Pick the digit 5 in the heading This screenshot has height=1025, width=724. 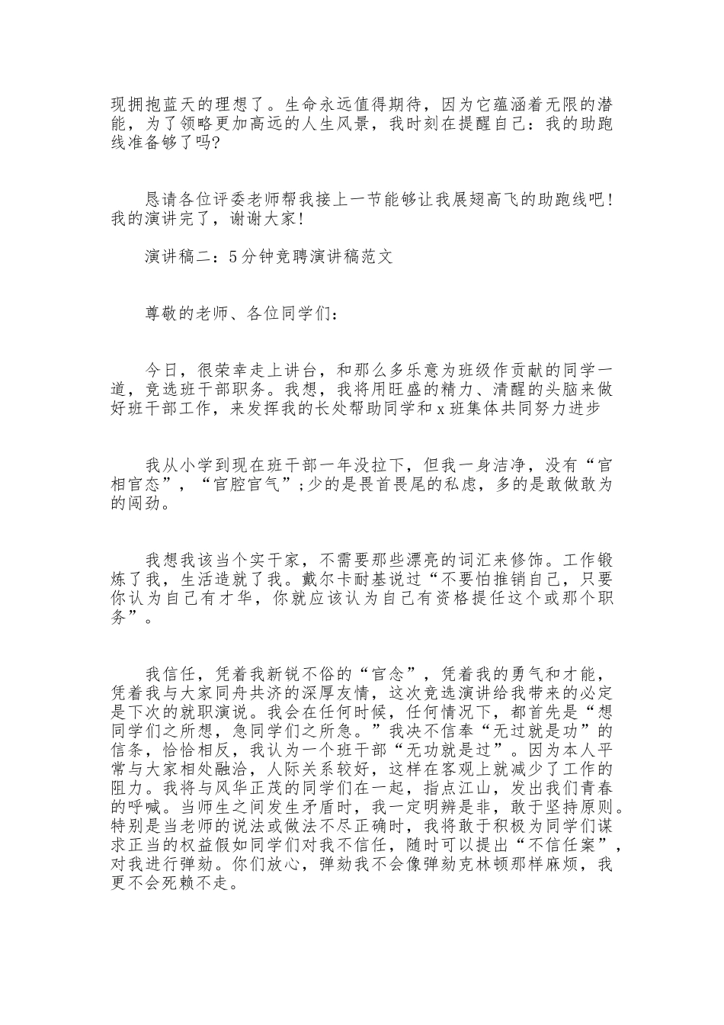pos(232,257)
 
